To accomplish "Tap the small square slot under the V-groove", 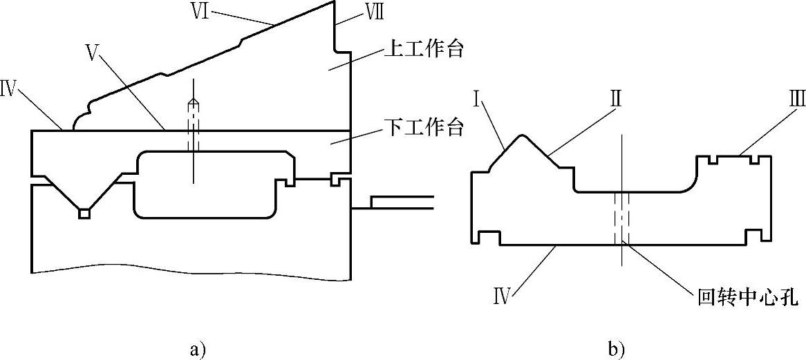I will (x=84, y=214).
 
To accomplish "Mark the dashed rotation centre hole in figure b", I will (x=621, y=218).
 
